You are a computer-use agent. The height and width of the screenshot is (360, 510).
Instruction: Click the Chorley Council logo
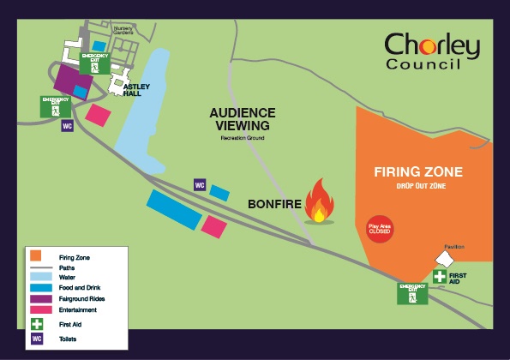431,51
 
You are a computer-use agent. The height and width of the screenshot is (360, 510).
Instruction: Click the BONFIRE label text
277,205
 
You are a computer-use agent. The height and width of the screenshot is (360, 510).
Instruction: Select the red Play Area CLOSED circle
379,227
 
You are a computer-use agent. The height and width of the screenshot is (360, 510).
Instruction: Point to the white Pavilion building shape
446,259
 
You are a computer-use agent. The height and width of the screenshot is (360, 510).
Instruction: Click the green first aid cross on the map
439,276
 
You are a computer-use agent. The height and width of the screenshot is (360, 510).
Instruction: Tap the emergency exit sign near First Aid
412,293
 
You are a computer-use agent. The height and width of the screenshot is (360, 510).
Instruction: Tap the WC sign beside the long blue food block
200,185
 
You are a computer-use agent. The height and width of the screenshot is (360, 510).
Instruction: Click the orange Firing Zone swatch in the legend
36,255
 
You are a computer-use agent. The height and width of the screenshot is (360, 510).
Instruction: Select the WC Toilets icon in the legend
37,338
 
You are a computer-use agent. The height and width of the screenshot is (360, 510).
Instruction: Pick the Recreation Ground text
242,137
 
